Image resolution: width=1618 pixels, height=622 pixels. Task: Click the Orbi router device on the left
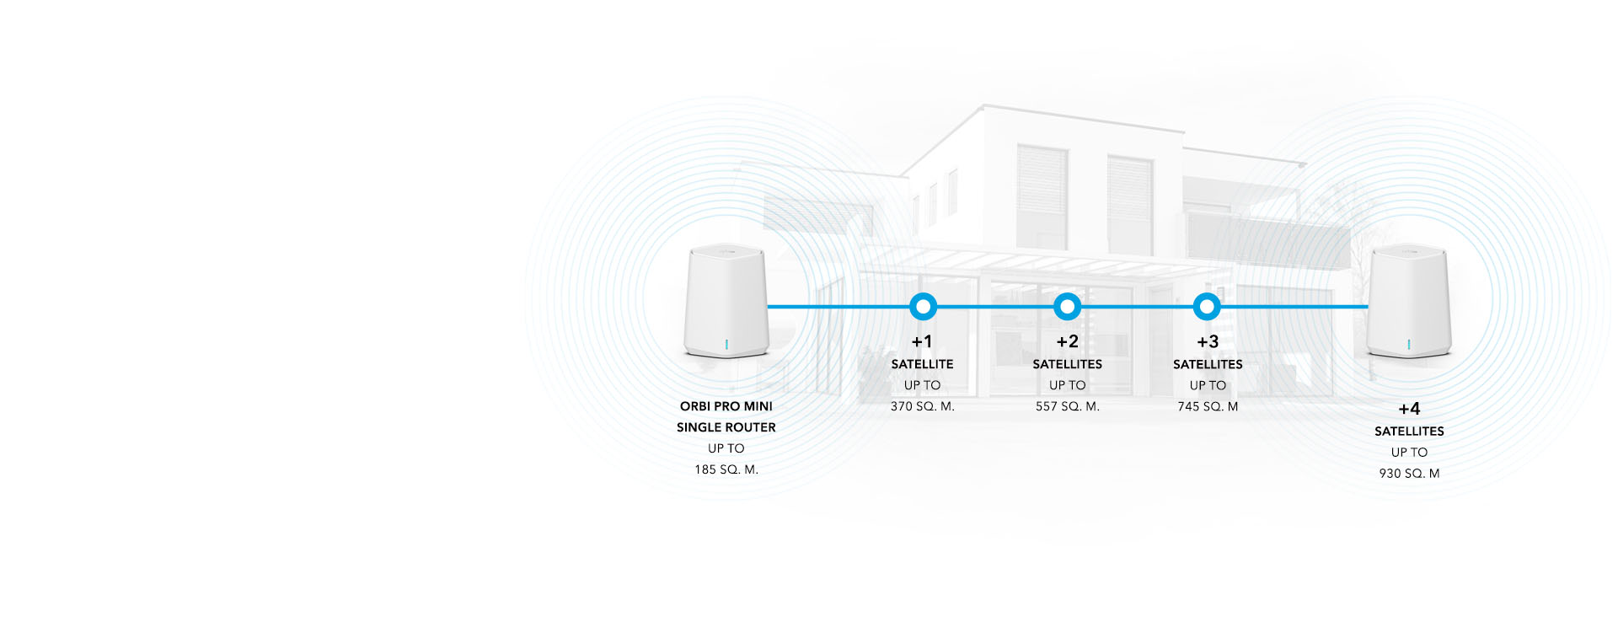[x=726, y=301]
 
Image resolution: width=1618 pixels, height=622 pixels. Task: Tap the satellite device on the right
[x=1408, y=301]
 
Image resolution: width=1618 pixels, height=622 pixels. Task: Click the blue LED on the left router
[x=726, y=345]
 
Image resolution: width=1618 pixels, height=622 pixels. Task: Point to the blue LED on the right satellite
[x=1409, y=345]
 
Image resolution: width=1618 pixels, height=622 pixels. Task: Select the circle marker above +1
[x=923, y=307]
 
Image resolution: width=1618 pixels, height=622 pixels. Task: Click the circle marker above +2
[x=1068, y=307]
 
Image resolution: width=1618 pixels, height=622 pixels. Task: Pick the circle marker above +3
[x=1207, y=307]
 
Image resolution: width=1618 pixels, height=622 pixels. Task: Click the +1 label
[x=922, y=341]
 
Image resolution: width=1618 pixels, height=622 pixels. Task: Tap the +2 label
[x=1068, y=341]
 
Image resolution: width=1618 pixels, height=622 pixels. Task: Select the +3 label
[x=1208, y=341]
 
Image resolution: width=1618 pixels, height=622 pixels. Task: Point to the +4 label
[x=1409, y=409]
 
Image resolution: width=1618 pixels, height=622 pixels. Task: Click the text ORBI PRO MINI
[x=726, y=406]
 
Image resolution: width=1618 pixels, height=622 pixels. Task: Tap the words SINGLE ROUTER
[x=726, y=427]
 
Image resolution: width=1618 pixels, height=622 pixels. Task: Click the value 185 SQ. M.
[x=726, y=469]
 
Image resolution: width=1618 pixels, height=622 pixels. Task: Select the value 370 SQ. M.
[x=923, y=406]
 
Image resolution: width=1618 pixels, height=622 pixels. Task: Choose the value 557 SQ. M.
[x=1068, y=406]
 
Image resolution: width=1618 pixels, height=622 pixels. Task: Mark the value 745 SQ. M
[x=1208, y=406]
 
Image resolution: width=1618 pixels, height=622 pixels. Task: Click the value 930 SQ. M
[x=1409, y=474]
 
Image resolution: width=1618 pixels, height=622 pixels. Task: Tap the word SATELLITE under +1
[x=923, y=364]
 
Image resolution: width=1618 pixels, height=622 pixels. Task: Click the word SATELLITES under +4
[x=1409, y=432]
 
